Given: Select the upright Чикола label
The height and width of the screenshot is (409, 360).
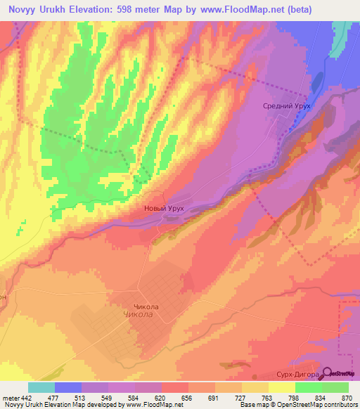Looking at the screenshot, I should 147,307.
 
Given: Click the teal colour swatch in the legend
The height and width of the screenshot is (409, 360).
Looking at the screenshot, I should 41,387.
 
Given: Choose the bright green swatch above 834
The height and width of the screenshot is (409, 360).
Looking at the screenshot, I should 308,387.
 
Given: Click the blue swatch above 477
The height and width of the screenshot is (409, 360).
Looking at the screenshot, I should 68,387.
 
